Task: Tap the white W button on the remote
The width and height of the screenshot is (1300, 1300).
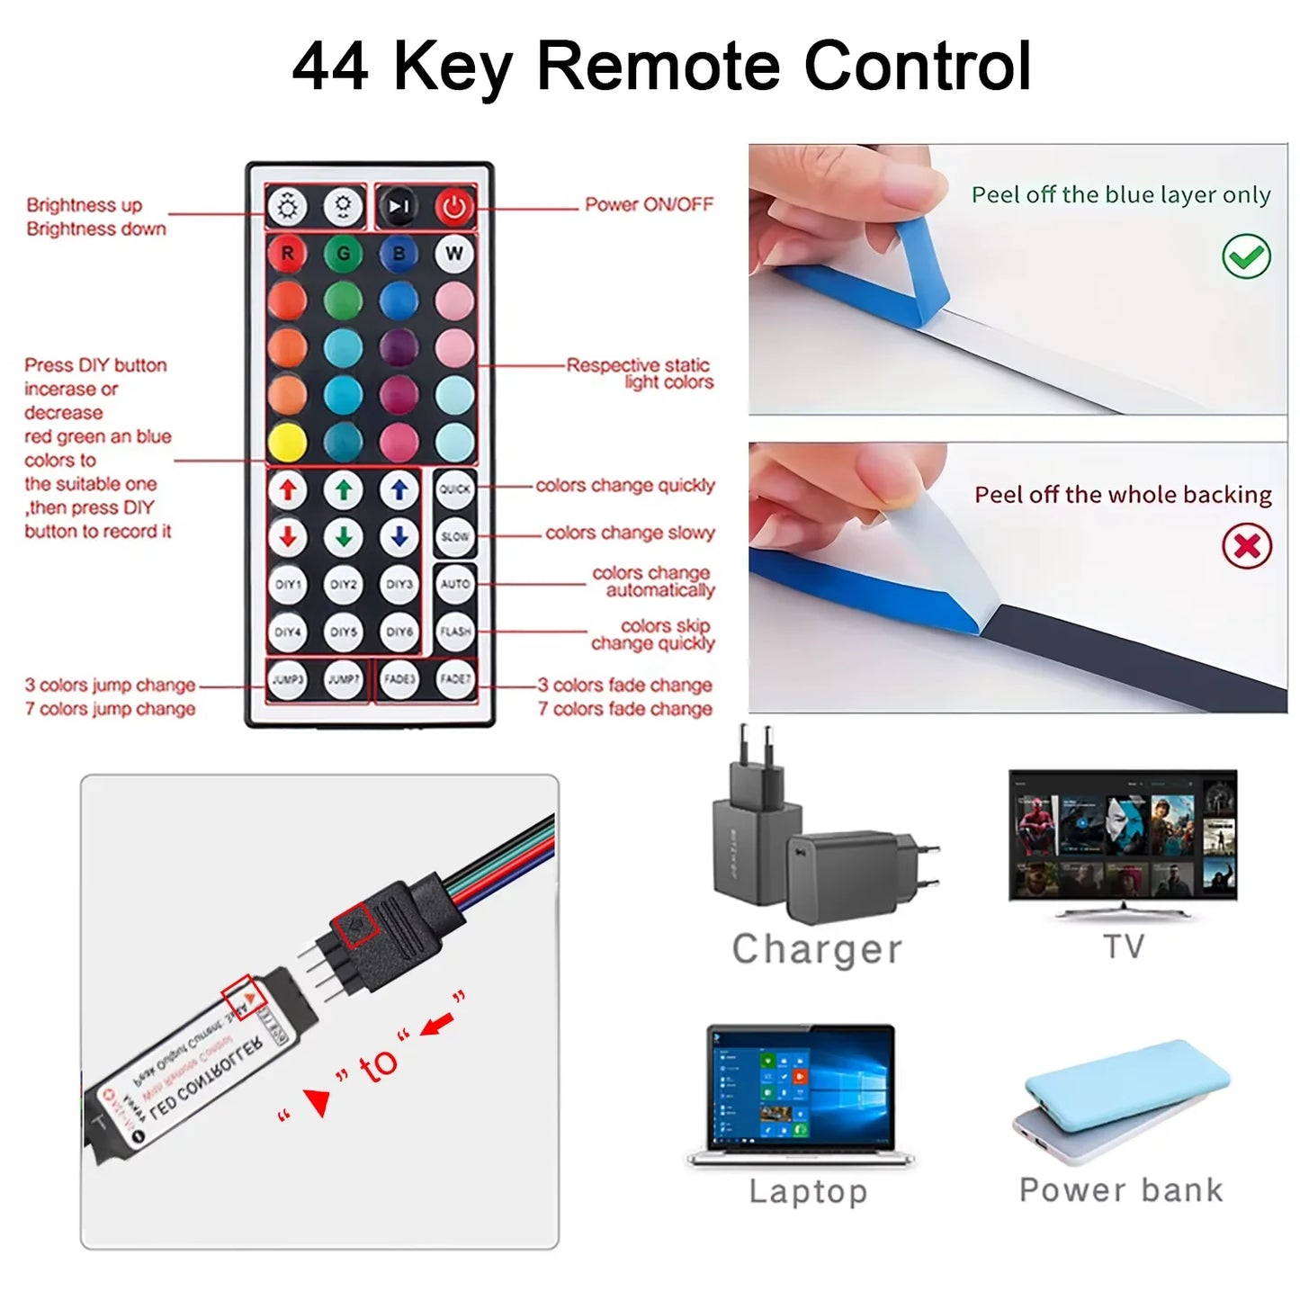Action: [454, 254]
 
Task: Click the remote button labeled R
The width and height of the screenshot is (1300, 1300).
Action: [287, 254]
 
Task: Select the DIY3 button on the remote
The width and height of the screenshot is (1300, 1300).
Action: [399, 584]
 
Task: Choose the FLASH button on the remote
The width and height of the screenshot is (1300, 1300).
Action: [455, 632]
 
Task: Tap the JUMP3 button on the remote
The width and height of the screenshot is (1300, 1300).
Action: [288, 679]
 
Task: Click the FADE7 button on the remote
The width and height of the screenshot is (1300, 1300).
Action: [455, 679]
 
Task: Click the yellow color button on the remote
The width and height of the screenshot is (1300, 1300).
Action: [287, 442]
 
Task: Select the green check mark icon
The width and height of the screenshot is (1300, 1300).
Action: [1246, 257]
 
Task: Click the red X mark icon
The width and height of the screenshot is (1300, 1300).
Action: [1246, 546]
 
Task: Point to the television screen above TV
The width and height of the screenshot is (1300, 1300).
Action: [1123, 834]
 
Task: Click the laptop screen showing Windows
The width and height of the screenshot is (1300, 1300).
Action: [800, 1089]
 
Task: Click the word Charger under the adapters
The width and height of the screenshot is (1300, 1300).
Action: [817, 950]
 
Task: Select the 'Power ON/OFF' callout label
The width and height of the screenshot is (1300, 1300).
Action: [649, 205]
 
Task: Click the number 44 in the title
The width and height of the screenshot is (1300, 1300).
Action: [330, 67]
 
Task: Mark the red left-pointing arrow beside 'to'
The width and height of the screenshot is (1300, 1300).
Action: [437, 1025]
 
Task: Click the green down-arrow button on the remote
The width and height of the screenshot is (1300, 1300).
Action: [344, 537]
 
